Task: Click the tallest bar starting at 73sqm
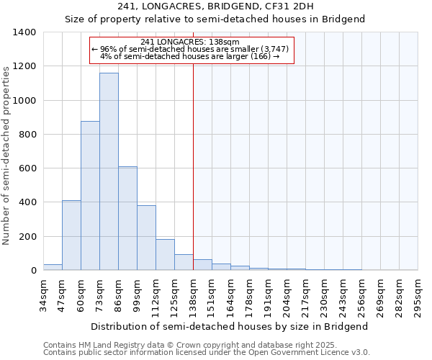coord(109,171)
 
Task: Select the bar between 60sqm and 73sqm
coord(90,196)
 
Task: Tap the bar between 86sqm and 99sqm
coord(127,218)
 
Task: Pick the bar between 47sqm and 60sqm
coord(71,235)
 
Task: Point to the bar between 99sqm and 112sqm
coord(146,238)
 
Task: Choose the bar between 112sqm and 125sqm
coord(165,255)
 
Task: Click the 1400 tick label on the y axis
coord(24,32)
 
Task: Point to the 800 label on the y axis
coord(27,135)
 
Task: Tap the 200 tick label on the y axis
coord(27,237)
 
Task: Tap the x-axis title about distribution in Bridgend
coord(230,326)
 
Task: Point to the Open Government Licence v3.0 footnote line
coord(207,353)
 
